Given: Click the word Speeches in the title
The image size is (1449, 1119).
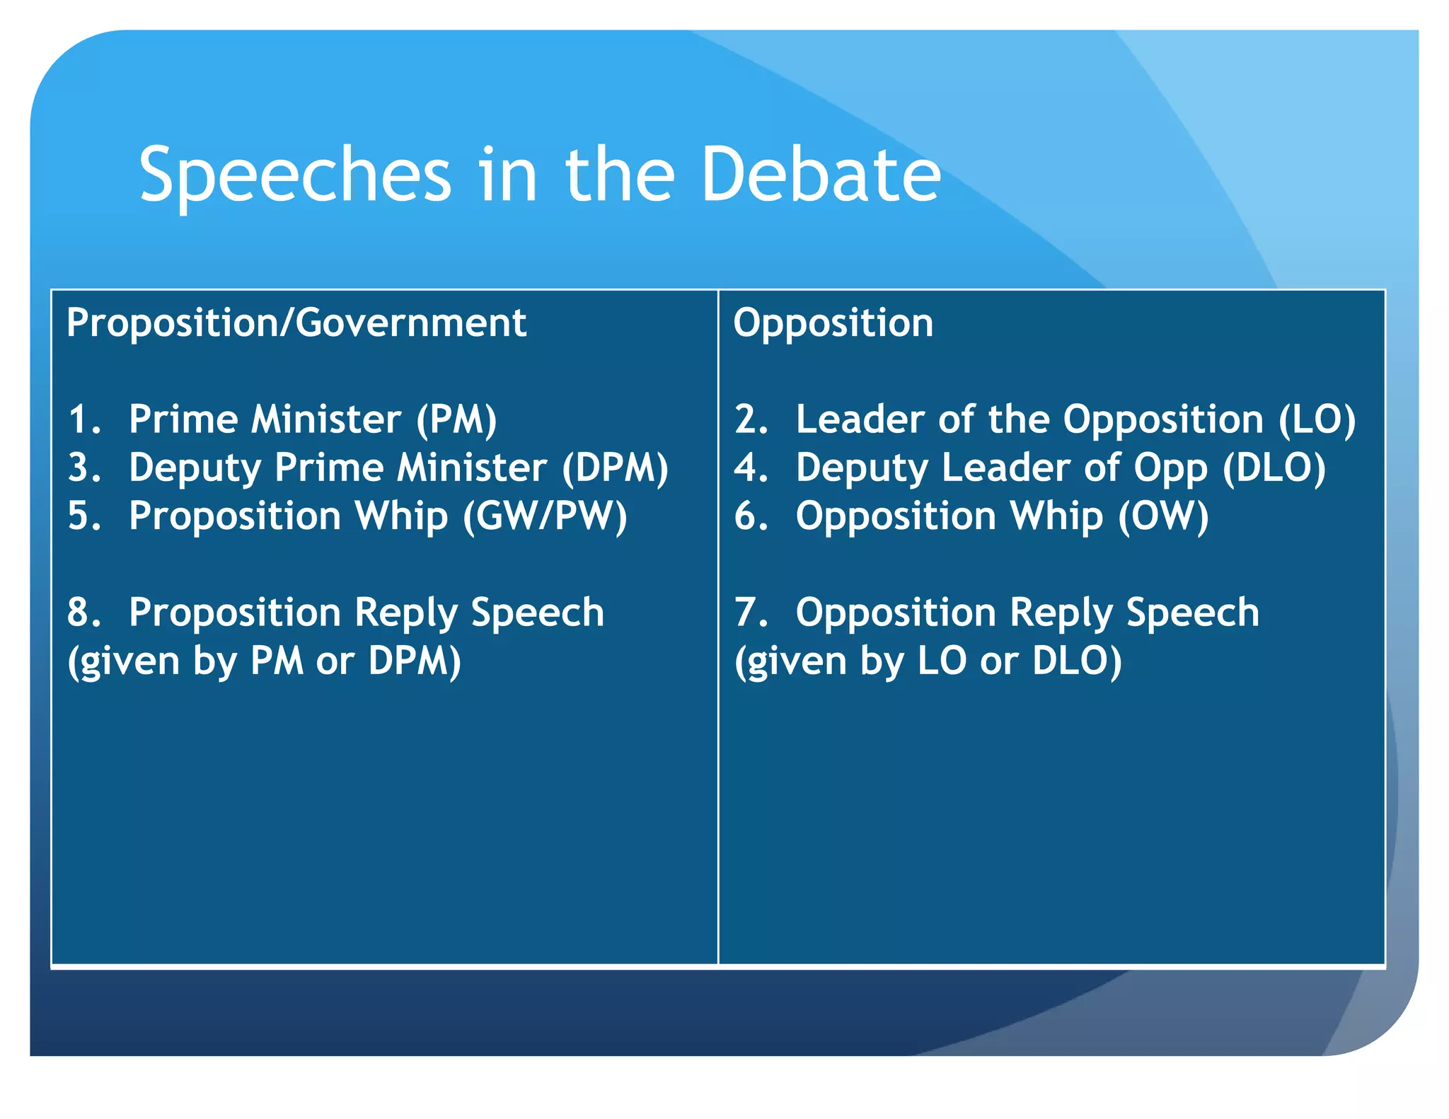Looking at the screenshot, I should (294, 175).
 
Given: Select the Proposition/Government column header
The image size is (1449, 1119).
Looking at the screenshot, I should (296, 323).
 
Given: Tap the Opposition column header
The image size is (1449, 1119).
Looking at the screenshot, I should (833, 323).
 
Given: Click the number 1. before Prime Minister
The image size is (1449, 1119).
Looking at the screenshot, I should (84, 419).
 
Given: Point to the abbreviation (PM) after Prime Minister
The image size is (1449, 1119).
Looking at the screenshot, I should (456, 419).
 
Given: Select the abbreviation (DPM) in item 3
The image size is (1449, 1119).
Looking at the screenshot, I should (615, 468).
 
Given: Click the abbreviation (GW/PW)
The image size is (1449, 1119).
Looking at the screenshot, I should (545, 516).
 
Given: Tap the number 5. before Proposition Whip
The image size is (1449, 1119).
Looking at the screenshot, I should (84, 516).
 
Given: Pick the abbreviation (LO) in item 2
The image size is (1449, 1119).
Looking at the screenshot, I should (1317, 419).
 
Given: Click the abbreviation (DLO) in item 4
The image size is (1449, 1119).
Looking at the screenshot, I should (1274, 468).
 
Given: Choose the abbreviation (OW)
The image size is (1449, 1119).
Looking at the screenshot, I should (1163, 516).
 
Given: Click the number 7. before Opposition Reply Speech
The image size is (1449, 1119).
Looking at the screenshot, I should (751, 613).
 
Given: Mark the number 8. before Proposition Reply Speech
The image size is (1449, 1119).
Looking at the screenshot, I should (84, 613).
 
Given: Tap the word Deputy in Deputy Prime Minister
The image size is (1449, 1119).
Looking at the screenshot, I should (195, 468).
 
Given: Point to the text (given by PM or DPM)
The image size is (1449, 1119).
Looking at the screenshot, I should (264, 661).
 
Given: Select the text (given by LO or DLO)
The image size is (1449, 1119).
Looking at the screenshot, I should (928, 661).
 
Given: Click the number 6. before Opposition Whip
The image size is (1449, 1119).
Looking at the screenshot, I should (751, 516).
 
